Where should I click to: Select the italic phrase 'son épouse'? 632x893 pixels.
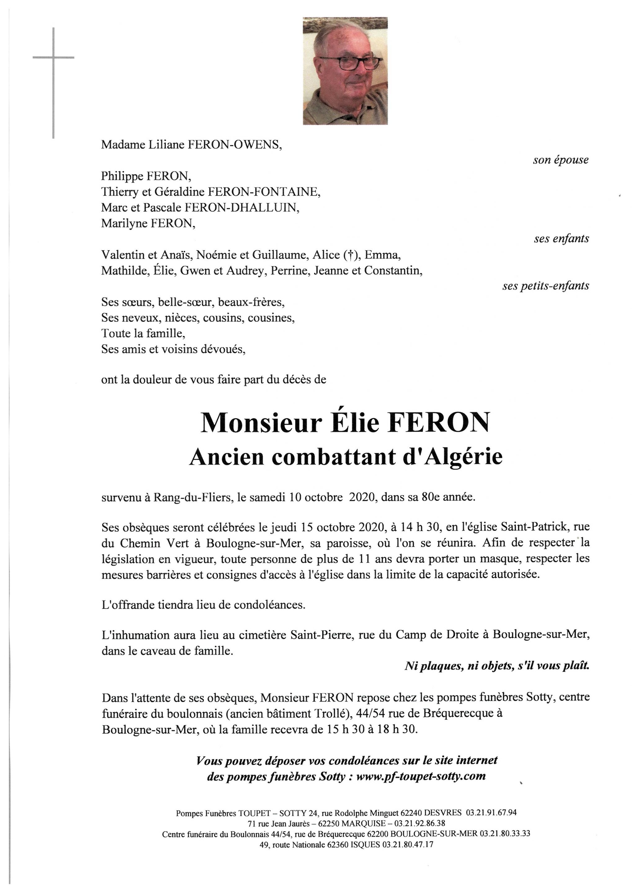pos(560,160)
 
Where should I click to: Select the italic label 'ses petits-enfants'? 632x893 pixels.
pos(546,286)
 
